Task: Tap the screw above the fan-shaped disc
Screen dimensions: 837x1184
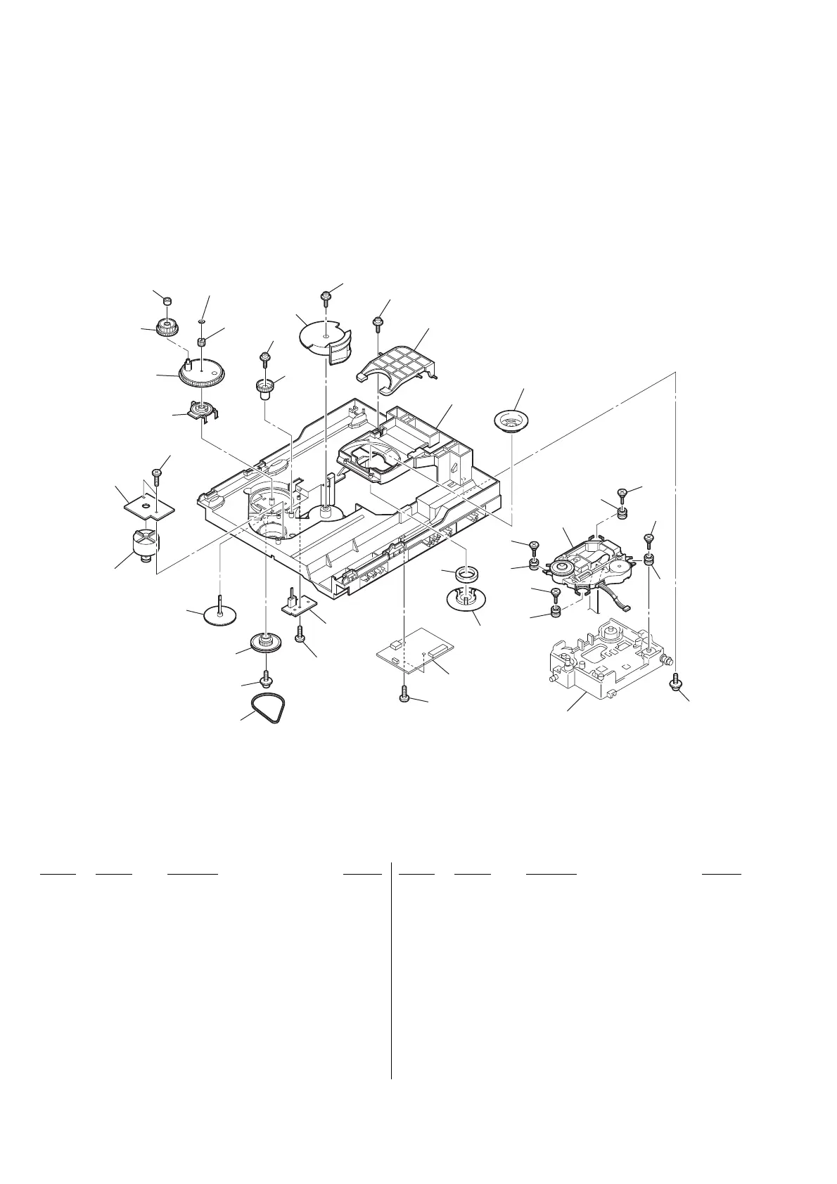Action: click(x=326, y=297)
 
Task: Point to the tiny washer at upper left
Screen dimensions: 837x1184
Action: click(x=202, y=320)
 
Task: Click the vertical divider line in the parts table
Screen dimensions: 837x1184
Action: click(x=391, y=970)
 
